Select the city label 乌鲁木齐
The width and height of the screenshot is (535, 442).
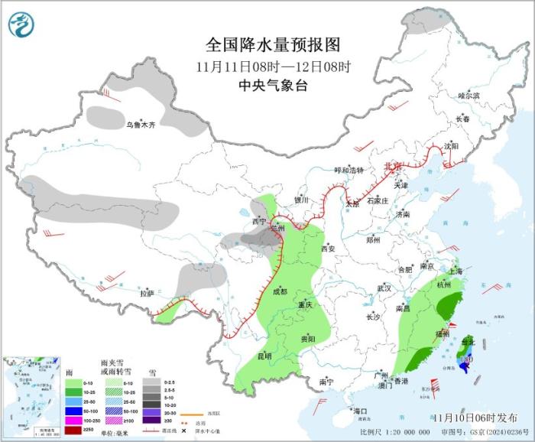click(141, 125)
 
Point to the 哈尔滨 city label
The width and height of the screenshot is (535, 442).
click(469, 96)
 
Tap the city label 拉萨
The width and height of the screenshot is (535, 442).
click(147, 293)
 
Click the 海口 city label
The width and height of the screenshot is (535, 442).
click(361, 411)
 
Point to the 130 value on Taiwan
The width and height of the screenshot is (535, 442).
click(467, 359)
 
